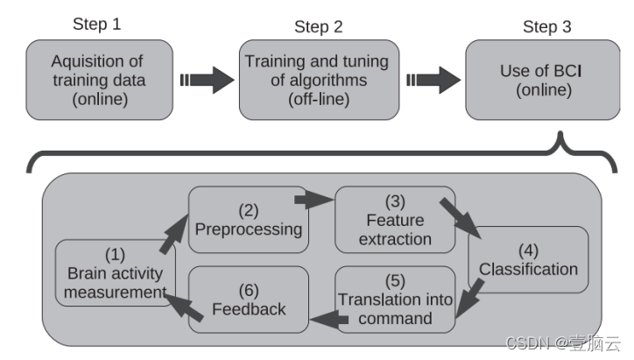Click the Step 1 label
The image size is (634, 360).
pyautogui.click(x=96, y=25)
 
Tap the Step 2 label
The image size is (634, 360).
pyautogui.click(x=319, y=26)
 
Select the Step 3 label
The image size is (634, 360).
pyautogui.click(x=546, y=26)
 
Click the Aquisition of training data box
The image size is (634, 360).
pyautogui.click(x=96, y=80)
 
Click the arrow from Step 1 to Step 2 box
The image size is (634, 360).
pyautogui.click(x=207, y=80)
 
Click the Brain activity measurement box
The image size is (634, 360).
pyautogui.click(x=116, y=273)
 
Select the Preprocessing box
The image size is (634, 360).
pyautogui.click(x=248, y=221)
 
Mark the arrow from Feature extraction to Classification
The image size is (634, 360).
pyautogui.click(x=461, y=217)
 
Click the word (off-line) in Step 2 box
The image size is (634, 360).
pyautogui.click(x=319, y=102)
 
